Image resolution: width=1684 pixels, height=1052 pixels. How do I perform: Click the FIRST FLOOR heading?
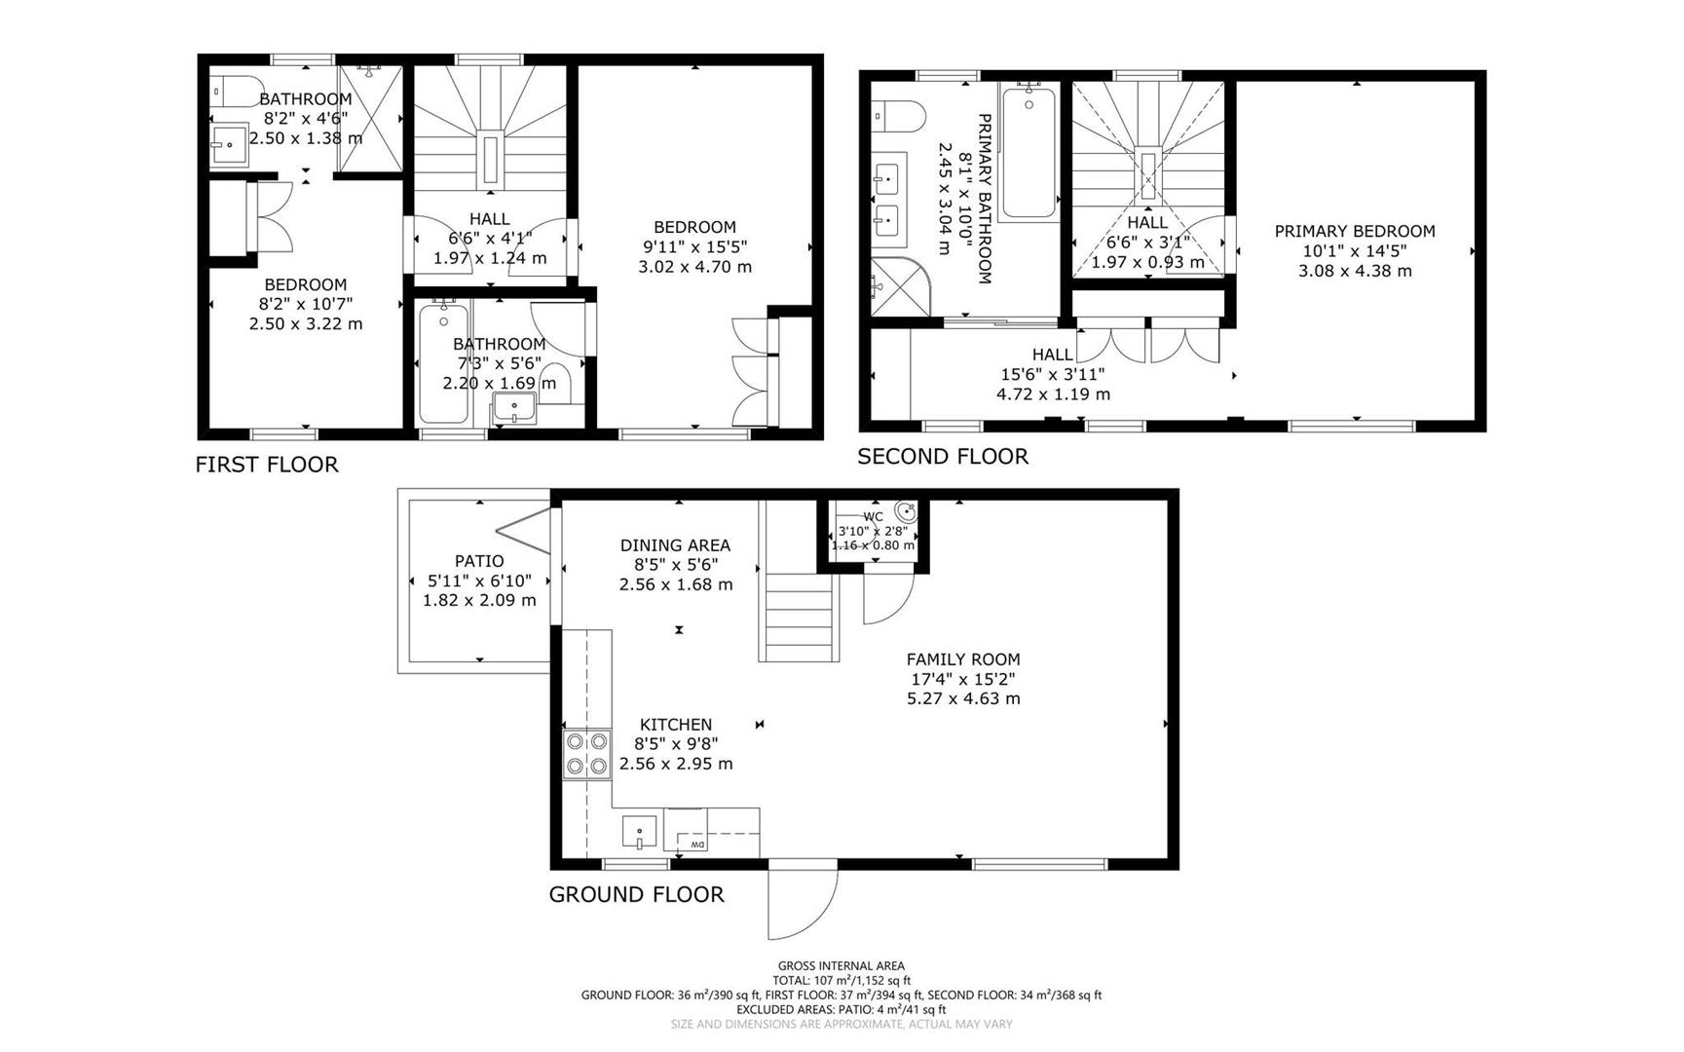267,465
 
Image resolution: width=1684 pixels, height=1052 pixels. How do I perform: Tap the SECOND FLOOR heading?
942,457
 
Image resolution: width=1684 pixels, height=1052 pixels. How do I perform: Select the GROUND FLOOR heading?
636,895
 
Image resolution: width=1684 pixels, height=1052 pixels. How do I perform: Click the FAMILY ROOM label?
962,659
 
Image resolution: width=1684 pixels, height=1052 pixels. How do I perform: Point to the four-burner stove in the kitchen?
586,754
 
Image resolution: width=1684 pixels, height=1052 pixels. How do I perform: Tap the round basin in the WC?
905,512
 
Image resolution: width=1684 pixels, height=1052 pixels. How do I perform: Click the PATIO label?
479,561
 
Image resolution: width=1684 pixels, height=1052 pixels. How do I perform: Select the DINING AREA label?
675,545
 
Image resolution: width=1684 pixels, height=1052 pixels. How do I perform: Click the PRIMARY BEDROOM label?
1354,232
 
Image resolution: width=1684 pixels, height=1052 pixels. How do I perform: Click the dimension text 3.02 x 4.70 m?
694,267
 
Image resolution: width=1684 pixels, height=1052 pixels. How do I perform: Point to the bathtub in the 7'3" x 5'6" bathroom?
443,363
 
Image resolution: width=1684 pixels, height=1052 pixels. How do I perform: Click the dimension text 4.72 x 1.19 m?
1052,394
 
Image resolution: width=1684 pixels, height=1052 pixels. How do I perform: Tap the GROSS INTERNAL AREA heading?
841,966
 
